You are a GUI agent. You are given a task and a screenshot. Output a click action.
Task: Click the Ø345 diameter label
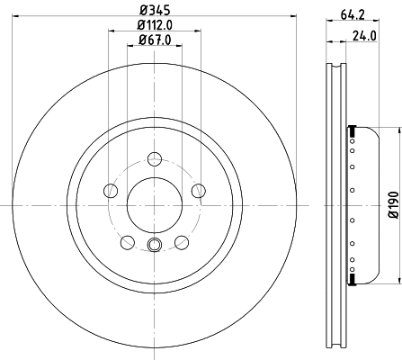click(155, 10)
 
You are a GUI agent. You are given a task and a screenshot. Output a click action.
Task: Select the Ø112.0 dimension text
click(155, 25)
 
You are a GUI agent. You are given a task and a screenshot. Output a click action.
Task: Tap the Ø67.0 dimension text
click(155, 40)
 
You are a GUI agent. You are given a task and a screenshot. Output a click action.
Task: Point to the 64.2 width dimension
click(353, 14)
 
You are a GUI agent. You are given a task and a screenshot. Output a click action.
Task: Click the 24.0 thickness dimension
click(364, 36)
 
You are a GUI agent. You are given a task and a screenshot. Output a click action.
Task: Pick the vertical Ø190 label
click(394, 205)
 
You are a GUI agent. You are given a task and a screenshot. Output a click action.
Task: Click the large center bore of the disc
click(155, 205)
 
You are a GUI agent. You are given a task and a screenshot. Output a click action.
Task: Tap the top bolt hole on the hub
click(155, 158)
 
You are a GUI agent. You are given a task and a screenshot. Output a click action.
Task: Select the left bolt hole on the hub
click(111, 190)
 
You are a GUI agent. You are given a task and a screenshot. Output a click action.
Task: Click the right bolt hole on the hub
click(199, 190)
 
